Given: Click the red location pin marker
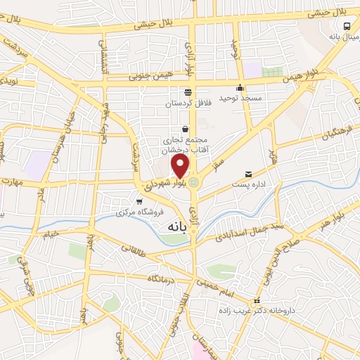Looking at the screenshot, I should tap(181, 166).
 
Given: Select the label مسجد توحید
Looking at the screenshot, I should tap(240, 98).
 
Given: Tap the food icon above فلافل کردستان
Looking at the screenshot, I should tap(188, 91).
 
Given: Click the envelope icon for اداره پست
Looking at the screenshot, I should tap(248, 174).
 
